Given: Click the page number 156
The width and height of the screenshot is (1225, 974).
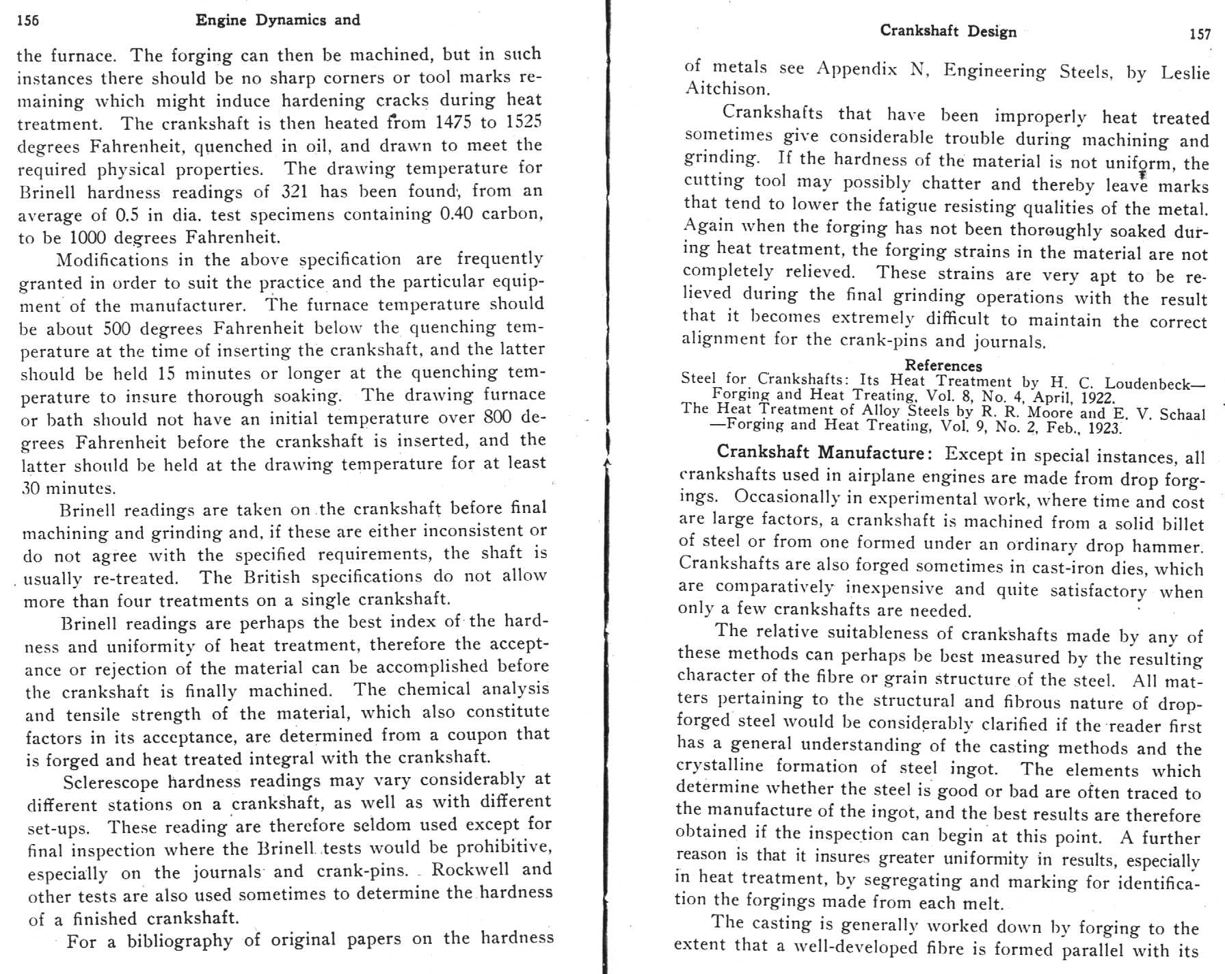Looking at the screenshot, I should [28, 21].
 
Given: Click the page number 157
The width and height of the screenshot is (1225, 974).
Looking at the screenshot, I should [1200, 34].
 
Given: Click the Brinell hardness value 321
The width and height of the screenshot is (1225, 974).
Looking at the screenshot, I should [295, 192].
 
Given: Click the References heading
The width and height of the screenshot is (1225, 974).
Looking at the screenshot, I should [943, 365].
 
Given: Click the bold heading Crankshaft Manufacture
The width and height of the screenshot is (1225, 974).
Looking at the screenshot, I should [820, 453].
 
